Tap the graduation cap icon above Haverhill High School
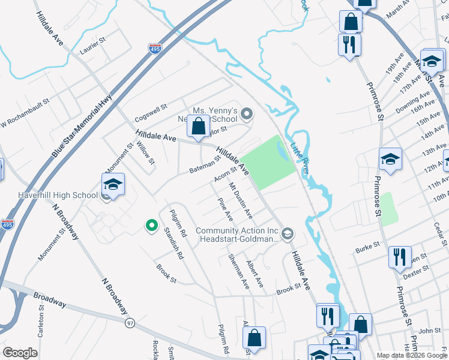point(112,185)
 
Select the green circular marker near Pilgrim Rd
point(152,226)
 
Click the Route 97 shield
point(130,323)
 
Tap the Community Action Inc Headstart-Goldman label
point(237,235)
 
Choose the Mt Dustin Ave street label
point(240,202)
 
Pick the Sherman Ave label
point(238,271)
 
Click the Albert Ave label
point(255,273)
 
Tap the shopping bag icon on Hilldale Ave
point(198,127)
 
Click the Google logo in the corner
point(20,353)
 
